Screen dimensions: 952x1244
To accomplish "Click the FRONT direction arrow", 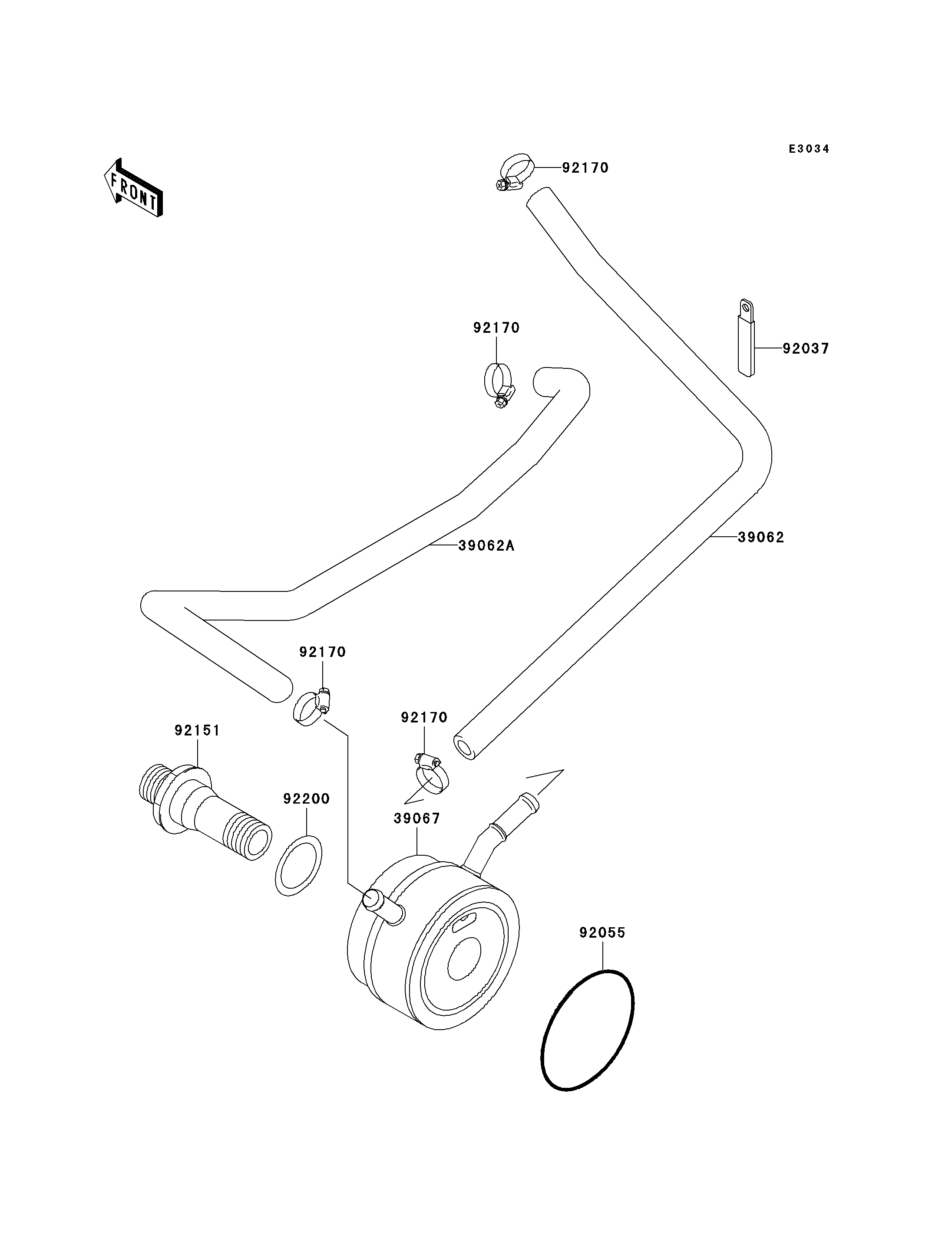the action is [x=134, y=187].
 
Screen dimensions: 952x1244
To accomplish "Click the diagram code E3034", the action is [x=809, y=149].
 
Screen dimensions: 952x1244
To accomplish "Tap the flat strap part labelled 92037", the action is [x=746, y=338].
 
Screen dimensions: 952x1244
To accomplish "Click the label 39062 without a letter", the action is [x=761, y=537].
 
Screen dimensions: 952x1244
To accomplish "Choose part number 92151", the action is [x=197, y=730].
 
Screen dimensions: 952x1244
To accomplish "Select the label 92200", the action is [x=307, y=799].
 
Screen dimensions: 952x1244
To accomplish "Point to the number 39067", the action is [x=417, y=819].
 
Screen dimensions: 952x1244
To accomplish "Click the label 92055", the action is [x=602, y=932].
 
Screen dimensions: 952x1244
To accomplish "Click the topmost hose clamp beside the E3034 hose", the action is [x=515, y=173].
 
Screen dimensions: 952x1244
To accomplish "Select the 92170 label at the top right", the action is [x=585, y=168].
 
